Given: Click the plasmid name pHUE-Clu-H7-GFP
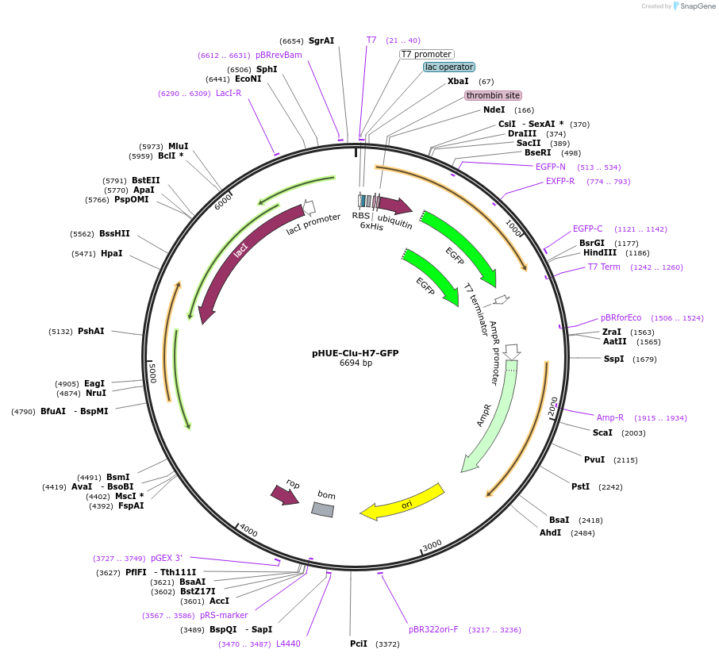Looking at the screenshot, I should tap(356, 353).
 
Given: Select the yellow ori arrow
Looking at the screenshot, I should tap(402, 502).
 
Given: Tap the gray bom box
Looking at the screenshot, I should tap(322, 509).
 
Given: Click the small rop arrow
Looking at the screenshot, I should tap(283, 494).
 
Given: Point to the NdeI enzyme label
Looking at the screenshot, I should tap(494, 109).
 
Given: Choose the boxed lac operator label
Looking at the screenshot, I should tap(449, 67).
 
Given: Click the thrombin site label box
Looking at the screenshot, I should tap(493, 95).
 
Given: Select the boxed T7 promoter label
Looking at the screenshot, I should tap(426, 54).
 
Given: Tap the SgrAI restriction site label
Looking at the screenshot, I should tap(321, 40).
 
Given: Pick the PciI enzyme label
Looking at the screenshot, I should tap(359, 644).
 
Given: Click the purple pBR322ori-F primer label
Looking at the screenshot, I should tap(433, 629).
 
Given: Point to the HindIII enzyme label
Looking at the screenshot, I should tap(600, 253).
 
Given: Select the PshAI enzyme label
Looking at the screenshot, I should tap(90, 331).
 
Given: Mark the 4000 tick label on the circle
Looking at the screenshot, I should tap(248, 530).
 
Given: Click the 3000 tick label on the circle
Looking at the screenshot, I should tap(432, 545).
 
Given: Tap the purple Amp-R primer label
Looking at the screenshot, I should tap(610, 417).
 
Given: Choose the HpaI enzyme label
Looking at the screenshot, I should tap(112, 253).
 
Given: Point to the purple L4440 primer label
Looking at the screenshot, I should tap(288, 644).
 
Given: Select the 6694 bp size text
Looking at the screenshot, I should tap(356, 363).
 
